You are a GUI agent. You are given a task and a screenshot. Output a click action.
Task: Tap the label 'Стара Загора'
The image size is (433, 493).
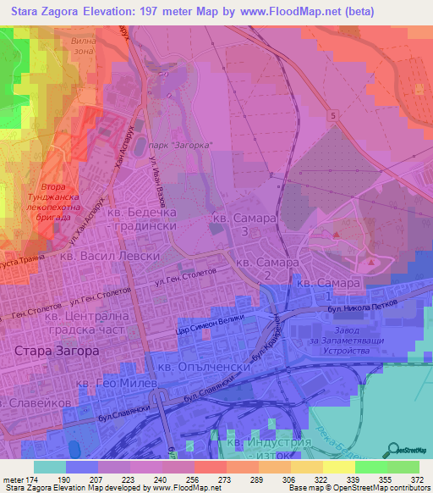pos(57,349)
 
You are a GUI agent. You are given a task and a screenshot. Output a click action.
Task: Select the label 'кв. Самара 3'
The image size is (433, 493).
pos(244,224)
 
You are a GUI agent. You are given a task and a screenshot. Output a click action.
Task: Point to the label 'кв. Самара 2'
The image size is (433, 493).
pos(267,269)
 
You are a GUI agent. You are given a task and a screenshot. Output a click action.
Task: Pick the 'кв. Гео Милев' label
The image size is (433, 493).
pos(117,384)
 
